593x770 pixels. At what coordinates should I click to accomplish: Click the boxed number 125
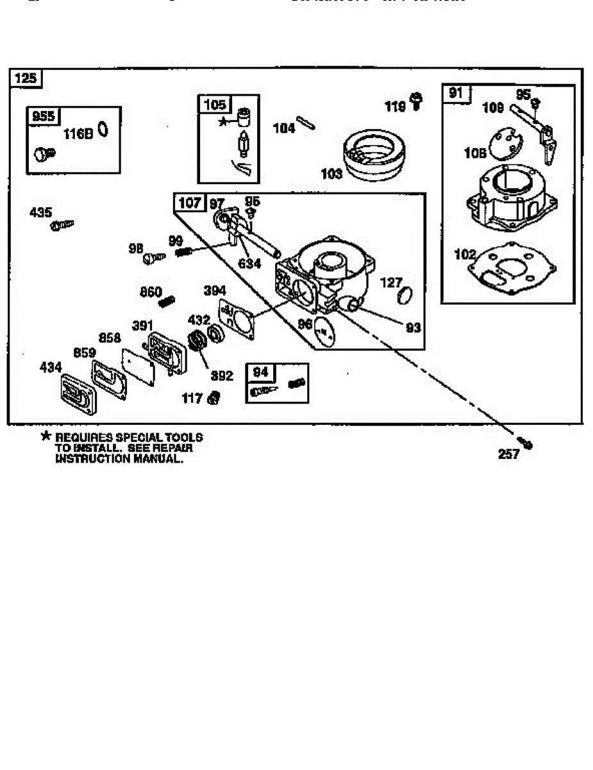point(26,78)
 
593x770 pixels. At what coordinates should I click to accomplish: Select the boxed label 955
point(42,116)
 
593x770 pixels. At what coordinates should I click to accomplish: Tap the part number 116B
point(78,133)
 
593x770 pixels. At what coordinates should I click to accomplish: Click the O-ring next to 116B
point(103,131)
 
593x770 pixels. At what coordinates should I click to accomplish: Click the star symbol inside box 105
point(223,121)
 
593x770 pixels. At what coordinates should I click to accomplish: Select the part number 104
point(284,128)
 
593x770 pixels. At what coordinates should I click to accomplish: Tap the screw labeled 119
point(417,101)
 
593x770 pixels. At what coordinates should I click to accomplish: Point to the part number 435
point(41,212)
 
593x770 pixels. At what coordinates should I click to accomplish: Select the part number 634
point(250,262)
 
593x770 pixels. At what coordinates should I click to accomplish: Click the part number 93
point(413,327)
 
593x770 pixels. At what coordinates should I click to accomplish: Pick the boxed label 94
point(260,372)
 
